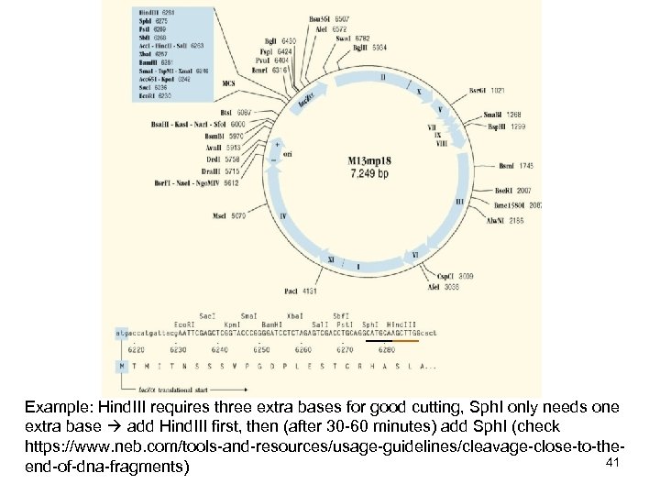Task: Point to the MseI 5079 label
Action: point(232,216)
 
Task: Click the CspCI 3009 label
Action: point(455,275)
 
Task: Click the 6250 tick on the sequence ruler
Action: point(261,349)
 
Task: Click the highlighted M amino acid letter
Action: point(122,366)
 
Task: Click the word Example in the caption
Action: point(56,406)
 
